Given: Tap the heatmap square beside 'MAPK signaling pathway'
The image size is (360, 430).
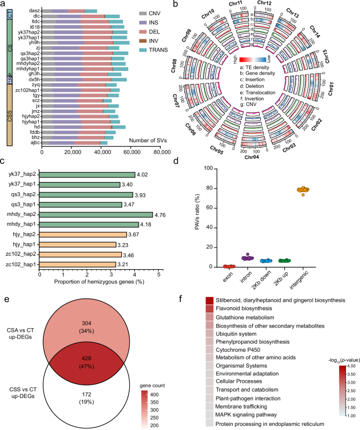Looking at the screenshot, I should coord(209,407).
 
